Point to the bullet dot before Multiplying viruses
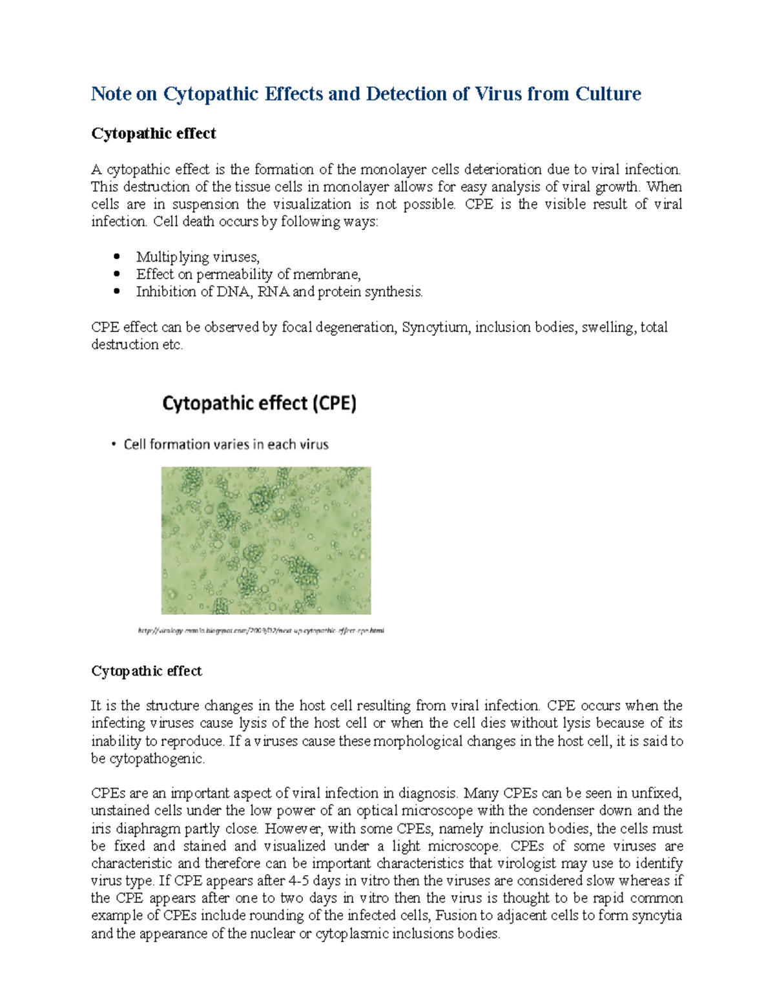(x=117, y=256)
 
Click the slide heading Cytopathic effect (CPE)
(x=259, y=404)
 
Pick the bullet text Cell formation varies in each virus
(x=226, y=444)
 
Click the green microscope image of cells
(x=266, y=540)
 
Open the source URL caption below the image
(x=261, y=630)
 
